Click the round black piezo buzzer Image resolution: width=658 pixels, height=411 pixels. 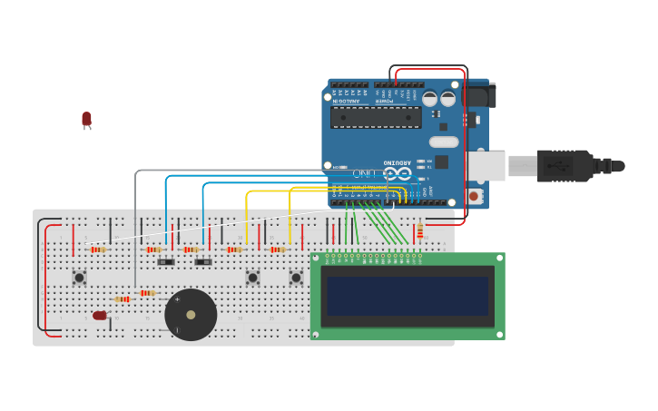click(x=191, y=314)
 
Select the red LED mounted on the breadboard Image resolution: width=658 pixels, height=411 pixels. click(x=100, y=316)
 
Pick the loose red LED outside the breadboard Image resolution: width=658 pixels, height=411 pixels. click(x=86, y=119)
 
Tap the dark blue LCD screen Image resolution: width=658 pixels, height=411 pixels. click(x=408, y=296)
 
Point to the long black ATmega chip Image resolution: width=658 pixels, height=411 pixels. click(x=376, y=117)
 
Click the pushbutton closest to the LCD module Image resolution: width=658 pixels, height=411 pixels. click(x=296, y=277)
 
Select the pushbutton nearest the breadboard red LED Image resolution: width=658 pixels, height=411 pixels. click(x=79, y=277)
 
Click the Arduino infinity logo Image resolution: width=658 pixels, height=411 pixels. click(x=397, y=172)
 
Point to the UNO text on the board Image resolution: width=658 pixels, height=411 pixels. click(x=364, y=172)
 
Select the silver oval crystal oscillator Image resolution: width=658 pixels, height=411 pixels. click(x=444, y=142)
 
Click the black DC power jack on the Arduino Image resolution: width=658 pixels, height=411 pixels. click(x=480, y=94)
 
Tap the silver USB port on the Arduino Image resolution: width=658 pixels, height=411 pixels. click(x=486, y=166)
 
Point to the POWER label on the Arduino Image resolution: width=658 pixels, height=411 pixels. click(x=386, y=101)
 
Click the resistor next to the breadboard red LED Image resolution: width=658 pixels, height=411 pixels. click(x=122, y=298)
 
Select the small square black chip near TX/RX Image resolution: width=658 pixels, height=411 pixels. click(x=441, y=161)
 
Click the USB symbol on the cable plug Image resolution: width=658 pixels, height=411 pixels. click(x=556, y=166)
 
